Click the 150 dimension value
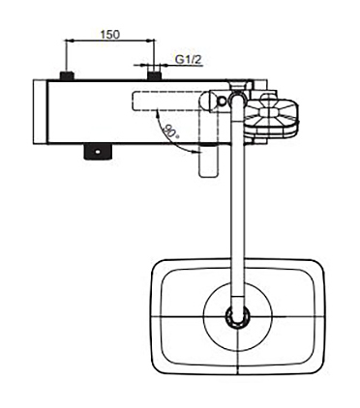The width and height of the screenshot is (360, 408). tap(109, 34)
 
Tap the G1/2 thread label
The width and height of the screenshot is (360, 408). tap(186, 59)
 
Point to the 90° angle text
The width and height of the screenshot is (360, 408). tap(170, 131)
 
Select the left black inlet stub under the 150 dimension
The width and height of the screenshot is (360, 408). tap(67, 75)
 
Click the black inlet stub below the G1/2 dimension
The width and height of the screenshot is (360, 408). tap(154, 75)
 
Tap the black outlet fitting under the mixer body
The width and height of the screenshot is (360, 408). tap(97, 152)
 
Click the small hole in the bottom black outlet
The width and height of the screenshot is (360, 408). tap(97, 151)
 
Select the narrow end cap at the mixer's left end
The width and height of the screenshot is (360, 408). tap(41, 112)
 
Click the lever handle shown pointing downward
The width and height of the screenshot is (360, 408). tap(207, 160)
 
